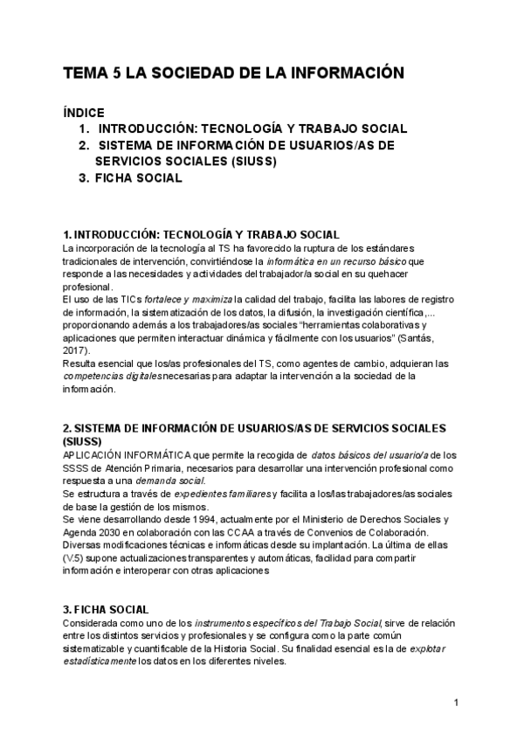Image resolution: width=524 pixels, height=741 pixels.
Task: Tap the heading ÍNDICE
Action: (x=84, y=112)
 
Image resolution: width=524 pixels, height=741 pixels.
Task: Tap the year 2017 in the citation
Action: (x=78, y=349)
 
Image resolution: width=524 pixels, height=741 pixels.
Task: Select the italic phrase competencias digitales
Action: (x=112, y=377)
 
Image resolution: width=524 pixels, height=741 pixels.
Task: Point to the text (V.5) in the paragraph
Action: (x=76, y=560)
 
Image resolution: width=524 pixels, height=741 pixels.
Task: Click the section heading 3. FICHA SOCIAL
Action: (x=106, y=609)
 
